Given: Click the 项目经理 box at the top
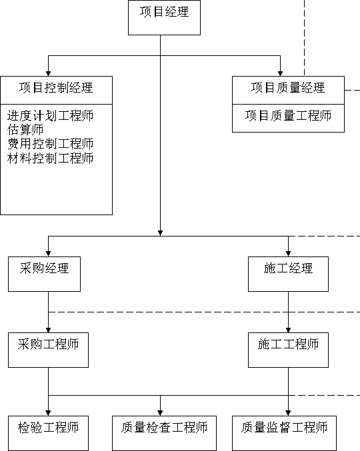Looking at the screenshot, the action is pos(164,17).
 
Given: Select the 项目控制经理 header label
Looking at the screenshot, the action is pos(56,88).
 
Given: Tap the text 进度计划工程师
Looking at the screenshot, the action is pos(51,116).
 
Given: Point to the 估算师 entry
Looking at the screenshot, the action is pos(25,130).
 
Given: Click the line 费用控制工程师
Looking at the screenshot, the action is pos(51,144).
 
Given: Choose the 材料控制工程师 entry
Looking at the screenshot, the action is pos(51,158).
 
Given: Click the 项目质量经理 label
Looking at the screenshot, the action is pos(288,88).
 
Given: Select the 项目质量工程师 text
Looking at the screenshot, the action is pos(288,116).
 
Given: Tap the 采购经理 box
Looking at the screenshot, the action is pos(44,274).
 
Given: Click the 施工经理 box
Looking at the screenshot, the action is pos(289,274).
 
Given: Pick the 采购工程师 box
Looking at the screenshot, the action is pos(49,350).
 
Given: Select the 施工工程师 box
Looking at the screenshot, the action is pos(289,350).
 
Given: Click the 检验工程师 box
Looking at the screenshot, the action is pos(49,433).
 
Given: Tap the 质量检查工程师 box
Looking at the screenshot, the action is pos(164,433).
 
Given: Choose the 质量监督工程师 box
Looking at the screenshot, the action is pos(284,433).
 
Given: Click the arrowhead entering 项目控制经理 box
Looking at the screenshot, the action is pos(49,74).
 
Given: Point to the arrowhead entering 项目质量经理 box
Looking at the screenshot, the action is pos(280,74).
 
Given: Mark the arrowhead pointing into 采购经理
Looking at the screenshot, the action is pos(49,254).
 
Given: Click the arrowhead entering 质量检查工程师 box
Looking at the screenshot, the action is pos(160,413).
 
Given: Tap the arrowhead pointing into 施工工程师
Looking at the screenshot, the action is pos(289,330).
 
